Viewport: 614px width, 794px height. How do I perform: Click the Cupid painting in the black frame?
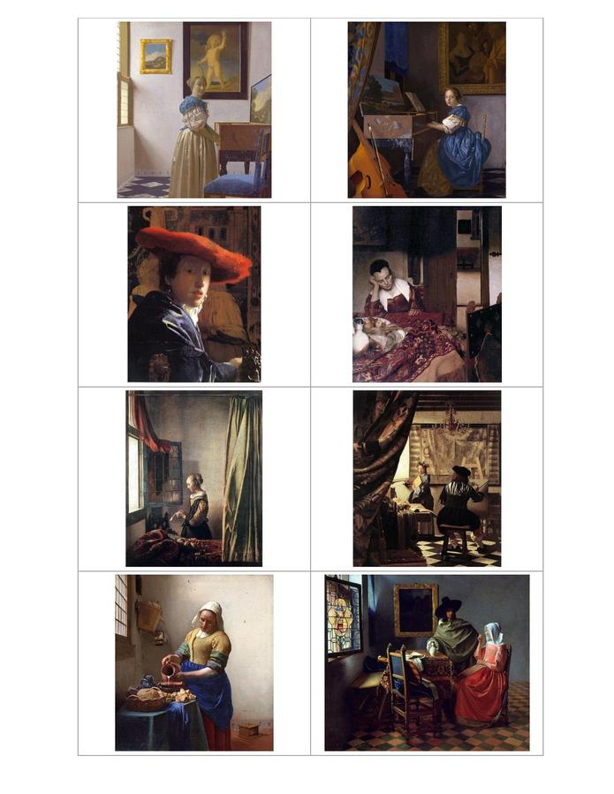point(215,58)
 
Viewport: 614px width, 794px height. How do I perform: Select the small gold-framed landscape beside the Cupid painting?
point(155,56)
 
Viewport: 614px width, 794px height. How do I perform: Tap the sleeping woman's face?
point(383,275)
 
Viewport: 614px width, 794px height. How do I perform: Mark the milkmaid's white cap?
point(210,612)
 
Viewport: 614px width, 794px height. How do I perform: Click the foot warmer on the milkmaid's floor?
point(249,730)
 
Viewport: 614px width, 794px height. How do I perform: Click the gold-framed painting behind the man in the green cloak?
point(414,609)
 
